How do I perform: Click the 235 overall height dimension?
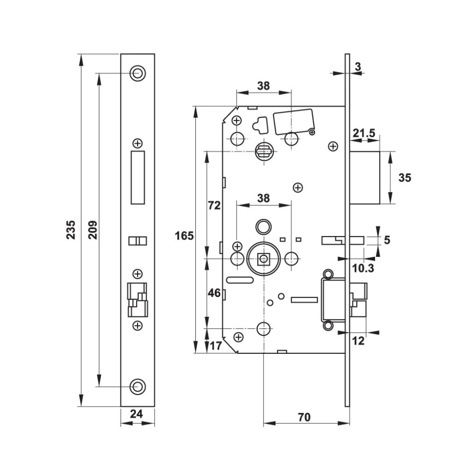pos(71,230)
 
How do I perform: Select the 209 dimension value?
pos(93,230)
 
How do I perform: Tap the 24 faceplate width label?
pos(136,414)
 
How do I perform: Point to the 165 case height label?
pos(184,236)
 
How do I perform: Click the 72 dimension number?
pos(214,205)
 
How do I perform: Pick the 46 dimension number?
pos(214,293)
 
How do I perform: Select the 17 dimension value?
pos(216,346)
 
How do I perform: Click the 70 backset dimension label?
pos(304,417)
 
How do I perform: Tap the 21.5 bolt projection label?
pos(364,133)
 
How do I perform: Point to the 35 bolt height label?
pos(405,178)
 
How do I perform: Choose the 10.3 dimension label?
pos(363,268)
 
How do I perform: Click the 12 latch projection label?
pos(359,341)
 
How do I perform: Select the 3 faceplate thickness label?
pos(358,67)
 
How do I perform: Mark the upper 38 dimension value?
pos(263,86)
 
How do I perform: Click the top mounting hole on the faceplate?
pos(138,73)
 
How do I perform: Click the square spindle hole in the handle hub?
pos(263,259)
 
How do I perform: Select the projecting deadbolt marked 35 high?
pos(365,177)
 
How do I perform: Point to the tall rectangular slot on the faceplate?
pos(138,177)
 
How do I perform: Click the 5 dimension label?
pos(387,240)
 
